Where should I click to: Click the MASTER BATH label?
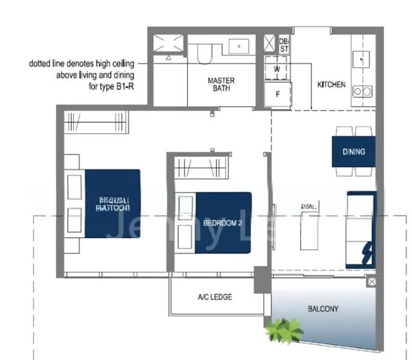pyautogui.click(x=221, y=84)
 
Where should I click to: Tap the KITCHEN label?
pyautogui.click(x=331, y=85)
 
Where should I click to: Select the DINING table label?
pyautogui.click(x=353, y=151)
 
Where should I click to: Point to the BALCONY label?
pyautogui.click(x=323, y=310)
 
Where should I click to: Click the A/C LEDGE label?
pyautogui.click(x=215, y=297)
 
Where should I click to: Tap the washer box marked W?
pyautogui.click(x=277, y=68)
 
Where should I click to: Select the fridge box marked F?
pyautogui.click(x=277, y=94)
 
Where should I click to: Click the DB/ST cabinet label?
pyautogui.click(x=284, y=44)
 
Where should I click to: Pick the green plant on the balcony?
pyautogui.click(x=284, y=329)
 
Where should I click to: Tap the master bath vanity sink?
pyautogui.click(x=240, y=45)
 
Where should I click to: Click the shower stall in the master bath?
pyautogui.click(x=169, y=46)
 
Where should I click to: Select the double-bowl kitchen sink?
pyautogui.click(x=361, y=91)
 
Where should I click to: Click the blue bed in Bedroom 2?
pyautogui.click(x=222, y=222)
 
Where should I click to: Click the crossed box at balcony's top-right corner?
pyautogui.click(x=372, y=281)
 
